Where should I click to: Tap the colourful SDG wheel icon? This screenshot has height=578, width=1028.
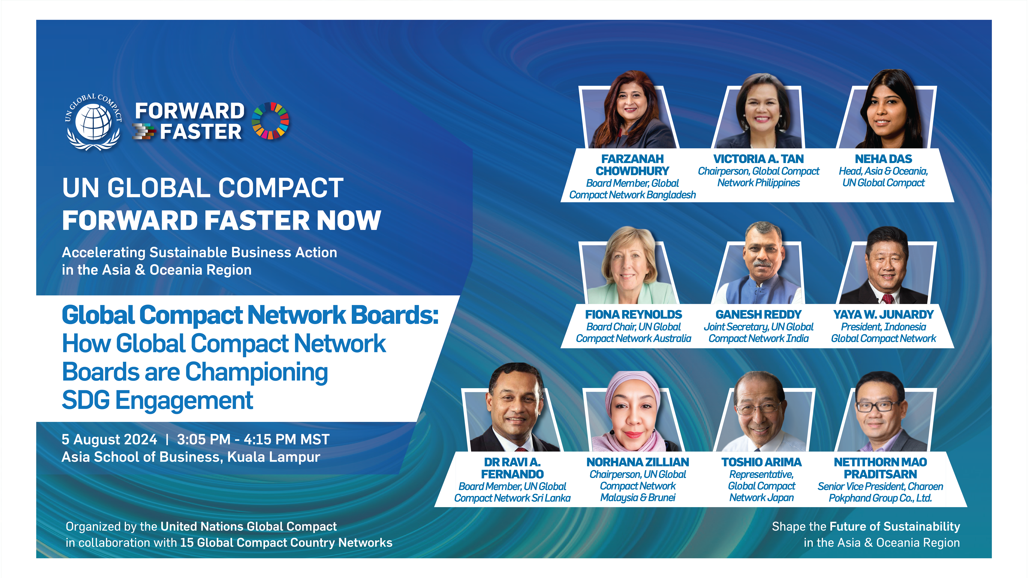coord(271,121)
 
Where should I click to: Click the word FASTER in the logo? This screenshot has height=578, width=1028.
coord(201,132)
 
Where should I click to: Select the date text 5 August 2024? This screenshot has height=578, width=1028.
coord(109,439)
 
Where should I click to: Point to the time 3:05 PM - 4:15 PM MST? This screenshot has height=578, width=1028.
coord(253,439)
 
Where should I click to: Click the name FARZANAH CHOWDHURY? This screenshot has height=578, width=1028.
coord(632,165)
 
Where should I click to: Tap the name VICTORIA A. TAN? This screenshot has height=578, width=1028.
coord(758,159)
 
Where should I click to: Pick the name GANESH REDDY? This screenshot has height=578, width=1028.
coord(758,314)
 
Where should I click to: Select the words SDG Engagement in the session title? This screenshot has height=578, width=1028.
coord(158,400)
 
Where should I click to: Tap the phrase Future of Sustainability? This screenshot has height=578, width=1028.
coord(895,527)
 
